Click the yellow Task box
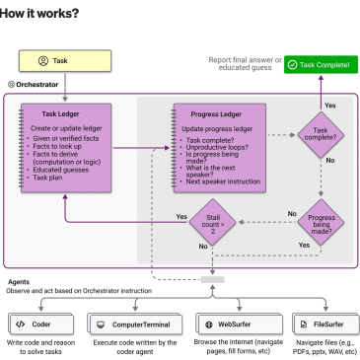click(65, 61)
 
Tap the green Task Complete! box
click(321, 65)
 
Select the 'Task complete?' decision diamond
click(321, 135)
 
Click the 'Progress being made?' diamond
click(321, 223)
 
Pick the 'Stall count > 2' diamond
click(213, 222)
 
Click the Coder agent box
click(41, 324)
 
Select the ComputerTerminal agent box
click(135, 324)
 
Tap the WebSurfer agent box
click(240, 324)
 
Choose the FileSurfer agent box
click(325, 324)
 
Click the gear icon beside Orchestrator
click(11, 85)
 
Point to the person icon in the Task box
click(43, 61)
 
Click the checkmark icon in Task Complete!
click(292, 65)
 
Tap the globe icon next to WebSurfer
click(209, 324)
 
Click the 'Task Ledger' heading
click(60, 114)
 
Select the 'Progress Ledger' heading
click(216, 114)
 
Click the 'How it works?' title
click(39, 13)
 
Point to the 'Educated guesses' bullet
click(61, 170)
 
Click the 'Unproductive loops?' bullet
click(217, 147)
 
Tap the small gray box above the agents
click(212, 279)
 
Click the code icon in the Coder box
click(20, 324)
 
